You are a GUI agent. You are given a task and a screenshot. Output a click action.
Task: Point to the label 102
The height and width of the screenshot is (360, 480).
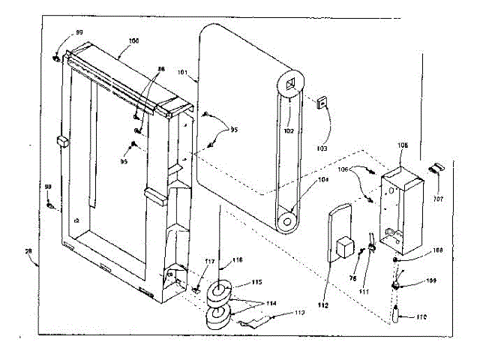[x=289, y=131]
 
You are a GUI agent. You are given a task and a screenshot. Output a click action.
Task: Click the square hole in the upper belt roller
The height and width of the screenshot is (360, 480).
[x=291, y=82]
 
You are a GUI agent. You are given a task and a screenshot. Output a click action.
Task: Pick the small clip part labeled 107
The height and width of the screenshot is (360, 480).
[x=438, y=167]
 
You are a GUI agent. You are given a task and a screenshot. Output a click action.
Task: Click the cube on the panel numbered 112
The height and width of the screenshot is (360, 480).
[x=346, y=247]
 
